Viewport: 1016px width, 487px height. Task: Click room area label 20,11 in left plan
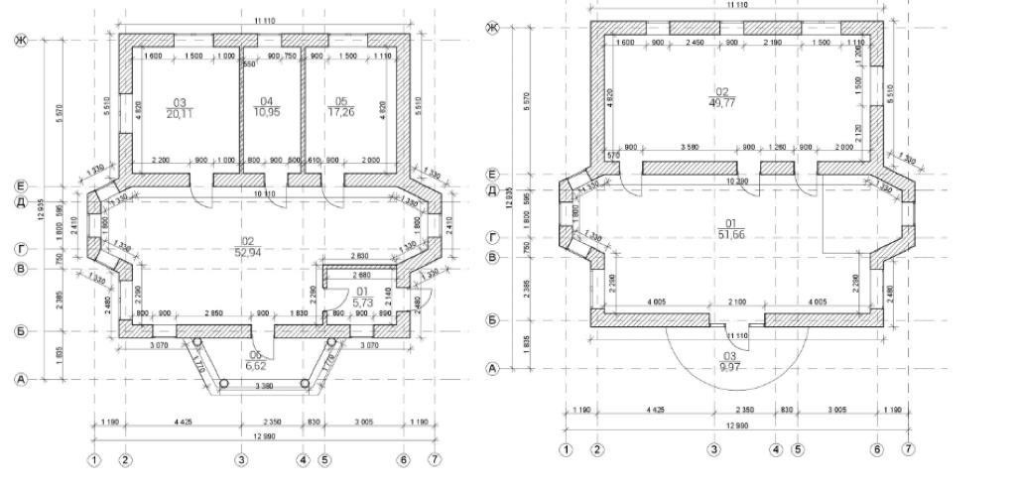(x=180, y=114)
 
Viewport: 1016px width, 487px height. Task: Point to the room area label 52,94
(x=248, y=252)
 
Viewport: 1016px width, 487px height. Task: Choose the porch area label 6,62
(x=256, y=365)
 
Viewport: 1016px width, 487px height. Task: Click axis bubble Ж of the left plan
(x=19, y=40)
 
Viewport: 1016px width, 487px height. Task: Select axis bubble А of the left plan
(x=19, y=380)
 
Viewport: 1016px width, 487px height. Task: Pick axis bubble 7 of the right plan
(x=908, y=449)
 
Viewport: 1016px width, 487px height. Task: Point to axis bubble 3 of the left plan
(x=240, y=459)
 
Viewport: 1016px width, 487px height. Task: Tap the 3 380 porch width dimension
(x=263, y=386)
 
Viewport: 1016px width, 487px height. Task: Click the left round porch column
(x=197, y=341)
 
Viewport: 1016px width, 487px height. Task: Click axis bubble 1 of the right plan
(x=566, y=449)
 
